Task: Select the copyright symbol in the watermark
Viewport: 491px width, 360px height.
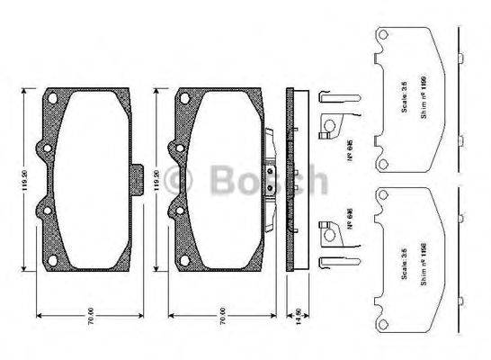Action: pyautogui.click(x=183, y=180)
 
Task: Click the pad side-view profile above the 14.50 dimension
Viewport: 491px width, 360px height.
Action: pyautogui.click(x=291, y=179)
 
